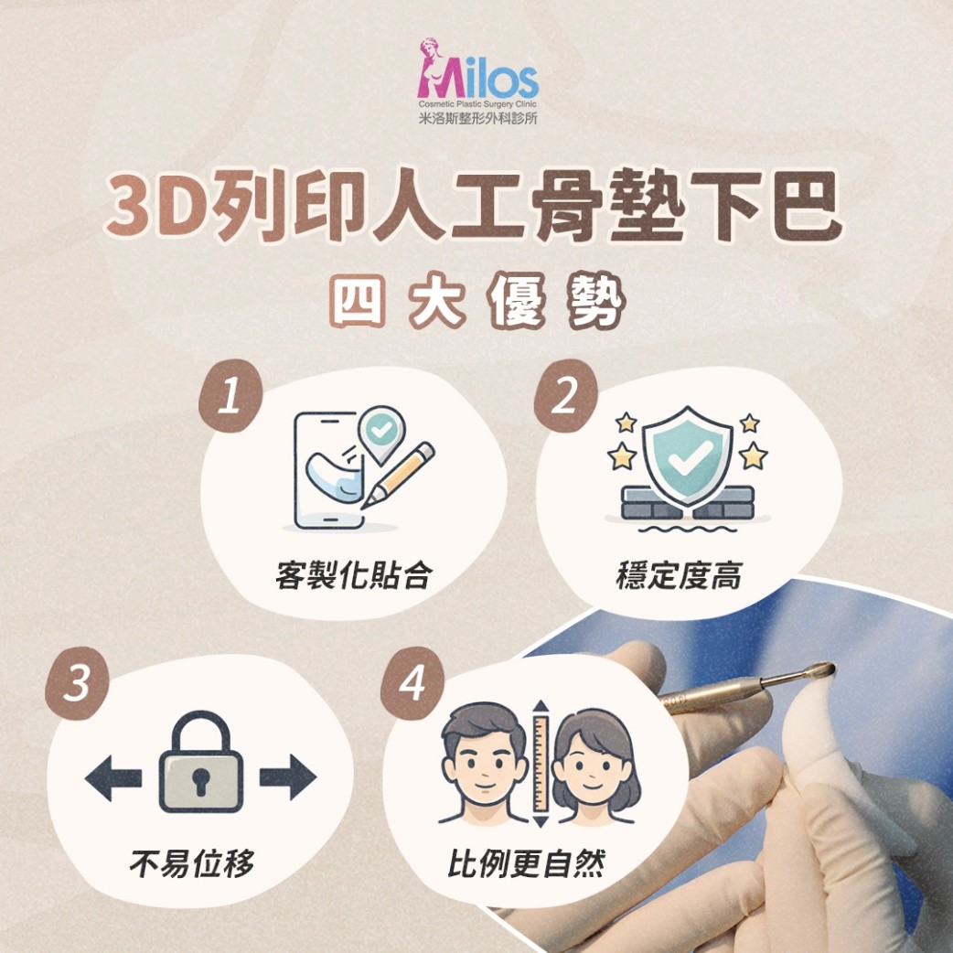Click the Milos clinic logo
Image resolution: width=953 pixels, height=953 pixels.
(x=477, y=81)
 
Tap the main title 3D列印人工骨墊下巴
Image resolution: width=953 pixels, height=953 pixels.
(x=475, y=206)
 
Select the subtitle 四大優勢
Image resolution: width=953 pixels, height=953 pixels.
(x=477, y=302)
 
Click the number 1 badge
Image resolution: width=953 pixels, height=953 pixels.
(x=230, y=396)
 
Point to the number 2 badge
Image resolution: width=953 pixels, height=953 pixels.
(x=566, y=396)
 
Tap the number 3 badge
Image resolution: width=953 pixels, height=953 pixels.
(x=77, y=683)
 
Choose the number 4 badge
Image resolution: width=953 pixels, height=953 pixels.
(x=412, y=683)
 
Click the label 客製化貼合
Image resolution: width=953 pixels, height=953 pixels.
(x=354, y=575)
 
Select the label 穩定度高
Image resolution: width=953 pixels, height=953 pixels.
(x=679, y=575)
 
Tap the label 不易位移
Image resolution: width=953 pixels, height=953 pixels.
(x=191, y=863)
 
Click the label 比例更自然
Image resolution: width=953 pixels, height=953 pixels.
(x=526, y=863)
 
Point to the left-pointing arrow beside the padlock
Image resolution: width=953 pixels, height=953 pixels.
(x=113, y=777)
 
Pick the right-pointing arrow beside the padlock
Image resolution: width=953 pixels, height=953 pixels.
(x=288, y=777)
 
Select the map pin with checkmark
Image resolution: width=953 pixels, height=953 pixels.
(x=381, y=434)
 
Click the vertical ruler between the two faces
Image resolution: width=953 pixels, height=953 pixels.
(x=541, y=764)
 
